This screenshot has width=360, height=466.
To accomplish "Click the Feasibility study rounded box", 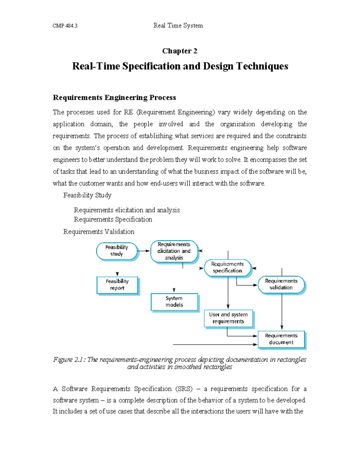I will tap(117, 251).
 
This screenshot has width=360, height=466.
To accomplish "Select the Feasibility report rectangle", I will tap(117, 285).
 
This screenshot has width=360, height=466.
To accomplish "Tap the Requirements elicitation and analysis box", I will tap(174, 251).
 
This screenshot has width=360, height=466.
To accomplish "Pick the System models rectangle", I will tap(174, 302).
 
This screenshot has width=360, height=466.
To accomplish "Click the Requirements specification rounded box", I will tap(227, 267).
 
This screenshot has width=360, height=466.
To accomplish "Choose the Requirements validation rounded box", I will tap(281, 284).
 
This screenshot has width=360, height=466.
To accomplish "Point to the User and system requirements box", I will tap(228, 318).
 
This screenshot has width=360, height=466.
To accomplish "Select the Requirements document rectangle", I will tap(281, 339).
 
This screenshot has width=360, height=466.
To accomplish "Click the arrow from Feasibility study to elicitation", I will tap(144, 251).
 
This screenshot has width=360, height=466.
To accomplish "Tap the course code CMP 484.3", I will tap(65, 26).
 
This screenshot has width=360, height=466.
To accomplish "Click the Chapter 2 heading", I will tap(180, 51).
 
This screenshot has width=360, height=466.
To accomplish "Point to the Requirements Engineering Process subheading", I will tap(114, 98).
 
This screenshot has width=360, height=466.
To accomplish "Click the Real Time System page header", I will tap(178, 26).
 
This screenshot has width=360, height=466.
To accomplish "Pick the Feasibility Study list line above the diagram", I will tap(87, 195).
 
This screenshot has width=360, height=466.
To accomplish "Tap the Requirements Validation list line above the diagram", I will tap(99, 232).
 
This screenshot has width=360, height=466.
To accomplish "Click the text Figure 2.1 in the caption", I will tap(69, 359).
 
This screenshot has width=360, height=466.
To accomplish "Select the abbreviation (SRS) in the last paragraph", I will tap(184, 389).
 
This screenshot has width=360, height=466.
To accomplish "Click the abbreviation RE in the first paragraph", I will tap(128, 112).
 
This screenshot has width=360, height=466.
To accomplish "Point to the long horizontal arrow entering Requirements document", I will tap(214, 344).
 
